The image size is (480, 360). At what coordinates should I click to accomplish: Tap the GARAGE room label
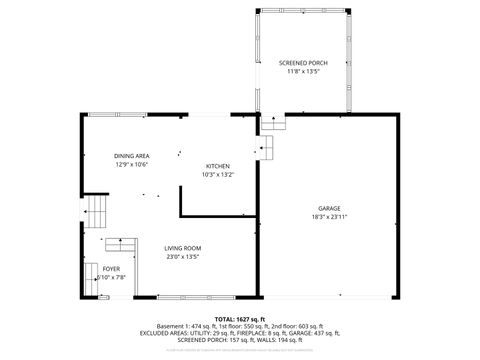tap(330, 209)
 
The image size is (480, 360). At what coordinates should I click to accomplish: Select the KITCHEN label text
tap(218, 166)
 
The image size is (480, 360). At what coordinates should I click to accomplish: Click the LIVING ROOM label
tap(183, 248)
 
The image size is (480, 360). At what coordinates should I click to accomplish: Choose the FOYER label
tap(112, 269)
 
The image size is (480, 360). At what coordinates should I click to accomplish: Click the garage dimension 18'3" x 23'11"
tap(330, 217)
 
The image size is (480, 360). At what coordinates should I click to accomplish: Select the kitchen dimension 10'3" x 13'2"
tap(218, 174)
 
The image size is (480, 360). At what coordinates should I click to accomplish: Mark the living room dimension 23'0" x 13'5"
tap(183, 256)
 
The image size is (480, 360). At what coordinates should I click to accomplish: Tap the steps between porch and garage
tap(274, 124)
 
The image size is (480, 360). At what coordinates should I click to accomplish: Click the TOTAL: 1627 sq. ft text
tap(240, 317)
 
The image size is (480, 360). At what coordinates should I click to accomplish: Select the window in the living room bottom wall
tap(184, 297)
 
